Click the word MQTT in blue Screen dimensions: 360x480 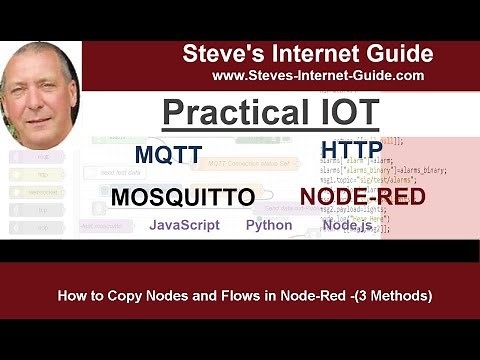[168, 155]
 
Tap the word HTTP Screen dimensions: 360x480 [352, 151]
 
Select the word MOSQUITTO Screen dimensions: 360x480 [182, 197]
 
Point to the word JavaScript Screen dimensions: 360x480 [184, 225]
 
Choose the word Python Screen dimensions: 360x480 [269, 225]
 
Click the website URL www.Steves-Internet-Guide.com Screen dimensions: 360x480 [318, 75]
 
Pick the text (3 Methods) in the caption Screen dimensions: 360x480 [393, 296]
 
